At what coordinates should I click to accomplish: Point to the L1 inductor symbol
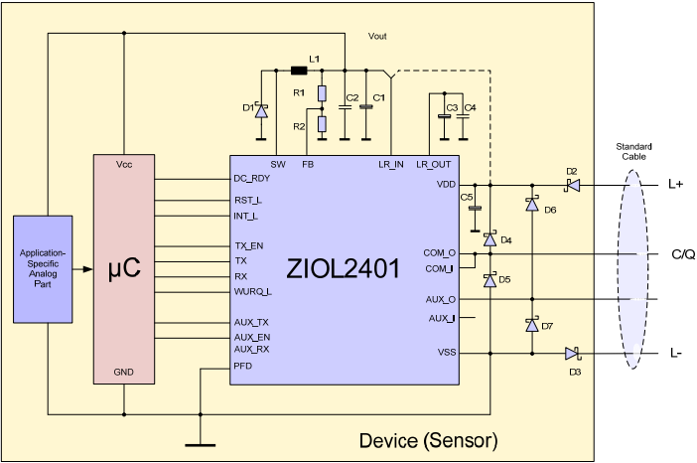pos(298,71)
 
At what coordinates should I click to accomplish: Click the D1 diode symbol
pos(262,111)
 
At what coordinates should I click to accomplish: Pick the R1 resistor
pos(322,94)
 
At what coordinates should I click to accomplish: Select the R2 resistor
pos(322,124)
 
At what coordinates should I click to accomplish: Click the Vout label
pos(377,36)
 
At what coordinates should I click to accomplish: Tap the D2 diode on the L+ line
pos(572,185)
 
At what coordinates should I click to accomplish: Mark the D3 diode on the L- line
pos(572,352)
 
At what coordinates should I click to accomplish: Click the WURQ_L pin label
pos(253,291)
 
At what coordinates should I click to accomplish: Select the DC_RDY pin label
pos(252,179)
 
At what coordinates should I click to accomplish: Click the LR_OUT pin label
pos(434,164)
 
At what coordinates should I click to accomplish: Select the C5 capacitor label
pos(465,198)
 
